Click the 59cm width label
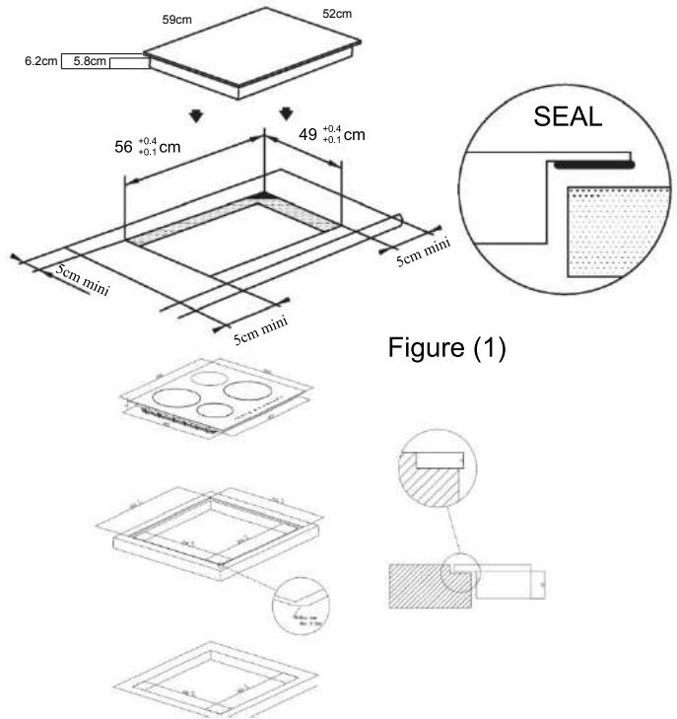[175, 19]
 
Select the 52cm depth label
[337, 14]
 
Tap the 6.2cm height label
[40, 62]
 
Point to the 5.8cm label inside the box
[90, 62]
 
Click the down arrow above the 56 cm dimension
[197, 115]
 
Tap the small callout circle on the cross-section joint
[460, 572]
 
